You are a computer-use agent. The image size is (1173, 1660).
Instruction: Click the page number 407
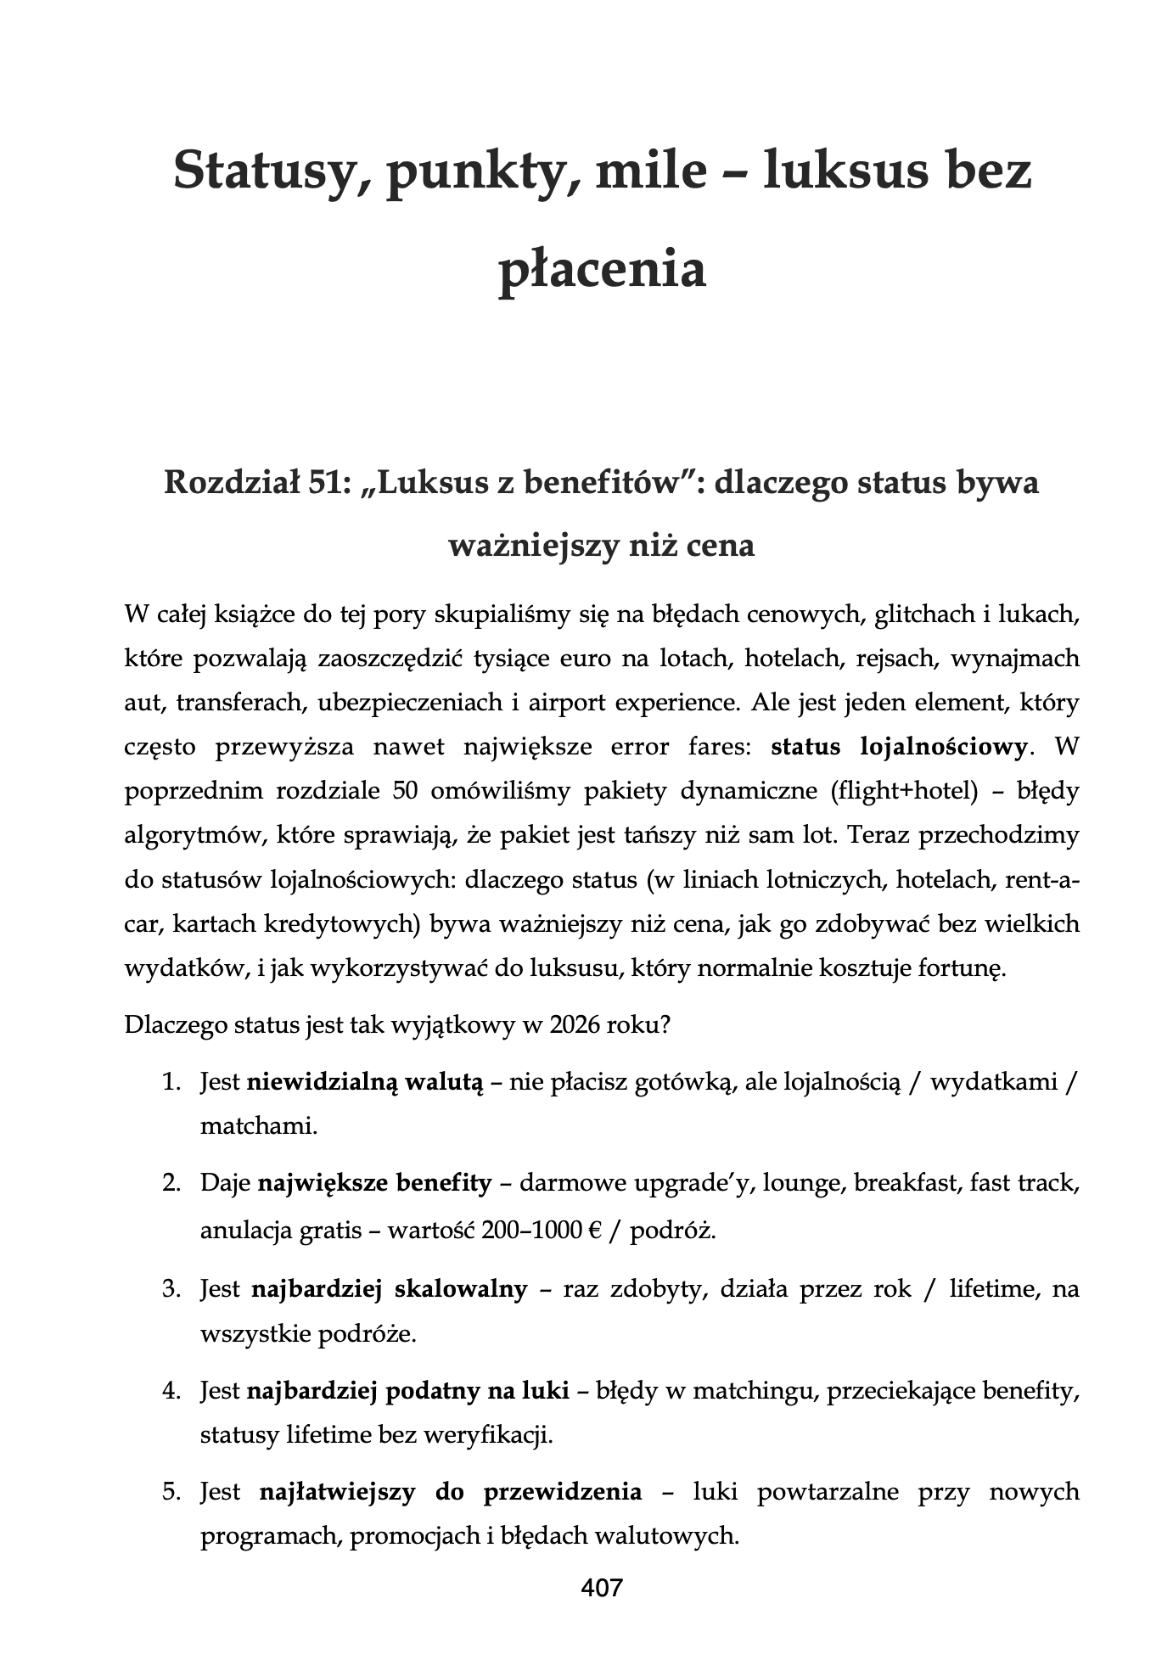[602, 1588]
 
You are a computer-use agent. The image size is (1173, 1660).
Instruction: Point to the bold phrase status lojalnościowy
[900, 747]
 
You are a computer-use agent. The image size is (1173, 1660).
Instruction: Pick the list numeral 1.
[172, 1082]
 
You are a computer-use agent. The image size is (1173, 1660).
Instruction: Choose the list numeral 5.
[172, 1491]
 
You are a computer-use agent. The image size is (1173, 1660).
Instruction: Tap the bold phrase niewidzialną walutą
[364, 1082]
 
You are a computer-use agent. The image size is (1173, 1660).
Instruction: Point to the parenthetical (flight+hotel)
[900, 791]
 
